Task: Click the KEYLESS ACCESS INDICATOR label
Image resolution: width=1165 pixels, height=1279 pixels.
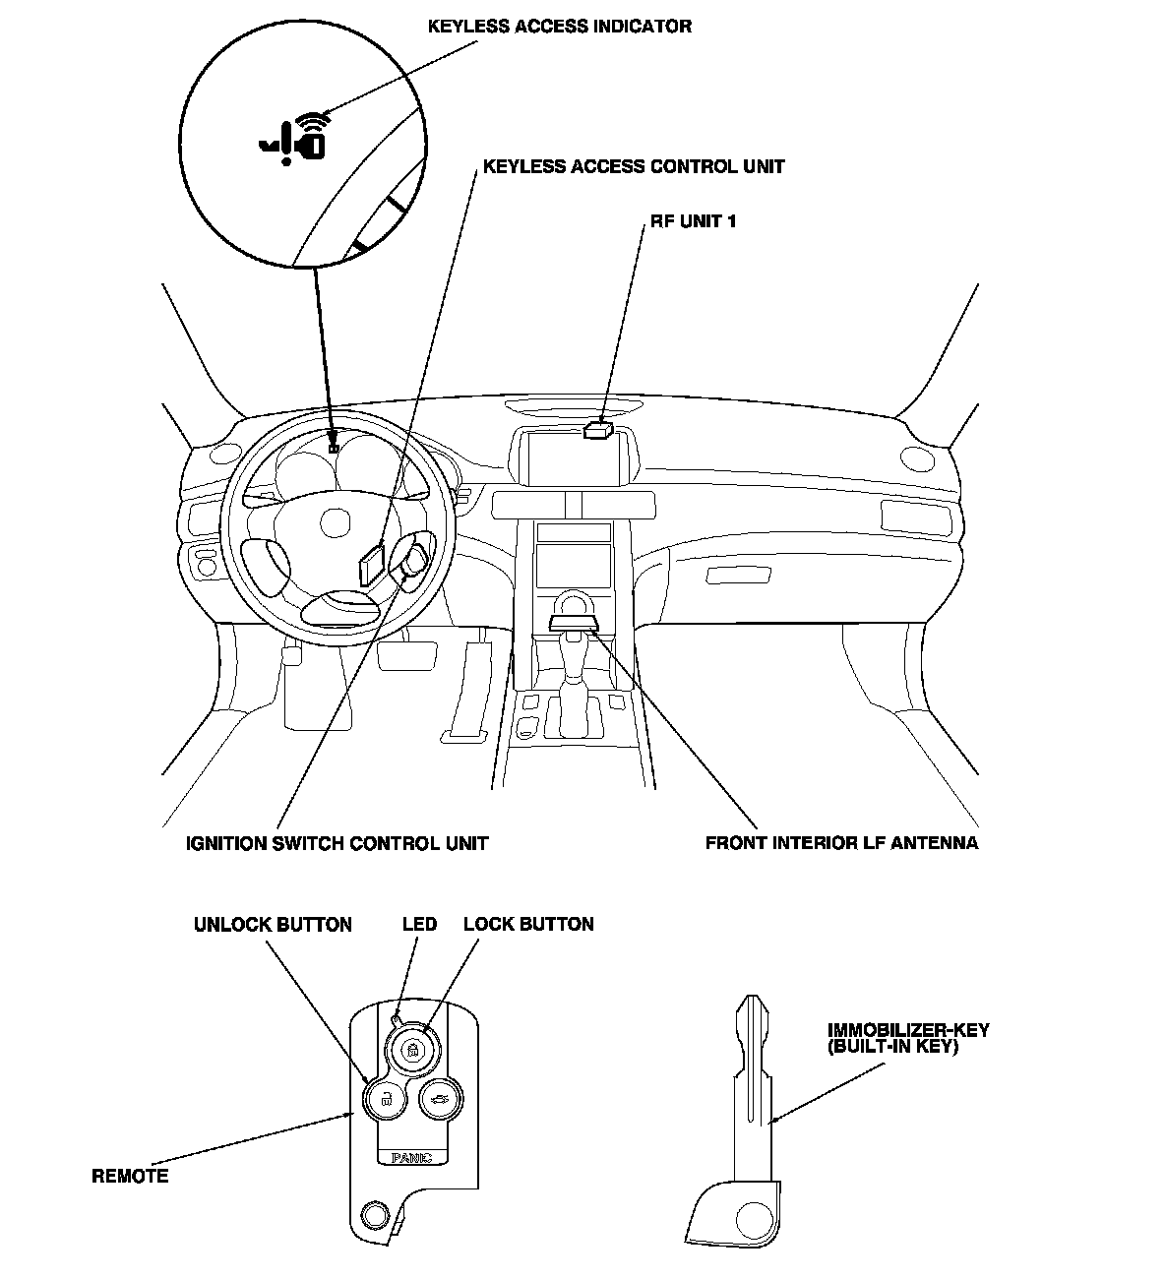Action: tap(559, 27)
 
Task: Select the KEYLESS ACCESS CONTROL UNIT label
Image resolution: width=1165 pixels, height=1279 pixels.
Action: tap(634, 166)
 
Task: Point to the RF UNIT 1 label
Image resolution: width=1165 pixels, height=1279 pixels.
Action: tap(693, 221)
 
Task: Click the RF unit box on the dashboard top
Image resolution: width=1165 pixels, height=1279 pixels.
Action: tap(597, 429)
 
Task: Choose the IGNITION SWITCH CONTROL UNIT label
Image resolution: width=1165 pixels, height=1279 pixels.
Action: tap(337, 843)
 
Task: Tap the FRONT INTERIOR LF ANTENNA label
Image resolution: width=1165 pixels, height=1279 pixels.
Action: tap(841, 843)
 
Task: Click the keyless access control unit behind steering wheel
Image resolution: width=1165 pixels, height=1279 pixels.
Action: tap(371, 565)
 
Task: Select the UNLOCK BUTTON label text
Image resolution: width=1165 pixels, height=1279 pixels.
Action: tap(273, 925)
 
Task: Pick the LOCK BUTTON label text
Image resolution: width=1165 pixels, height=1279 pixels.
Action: tap(528, 925)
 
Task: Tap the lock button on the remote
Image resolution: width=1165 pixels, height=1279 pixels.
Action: tap(412, 1051)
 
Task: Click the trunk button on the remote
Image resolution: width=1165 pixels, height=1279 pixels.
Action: tap(439, 1099)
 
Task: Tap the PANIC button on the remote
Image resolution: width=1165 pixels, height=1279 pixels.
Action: tap(412, 1157)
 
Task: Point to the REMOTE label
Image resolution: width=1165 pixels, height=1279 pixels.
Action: tap(130, 1176)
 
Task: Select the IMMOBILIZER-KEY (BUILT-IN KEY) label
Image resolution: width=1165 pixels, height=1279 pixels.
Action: tap(907, 1038)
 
